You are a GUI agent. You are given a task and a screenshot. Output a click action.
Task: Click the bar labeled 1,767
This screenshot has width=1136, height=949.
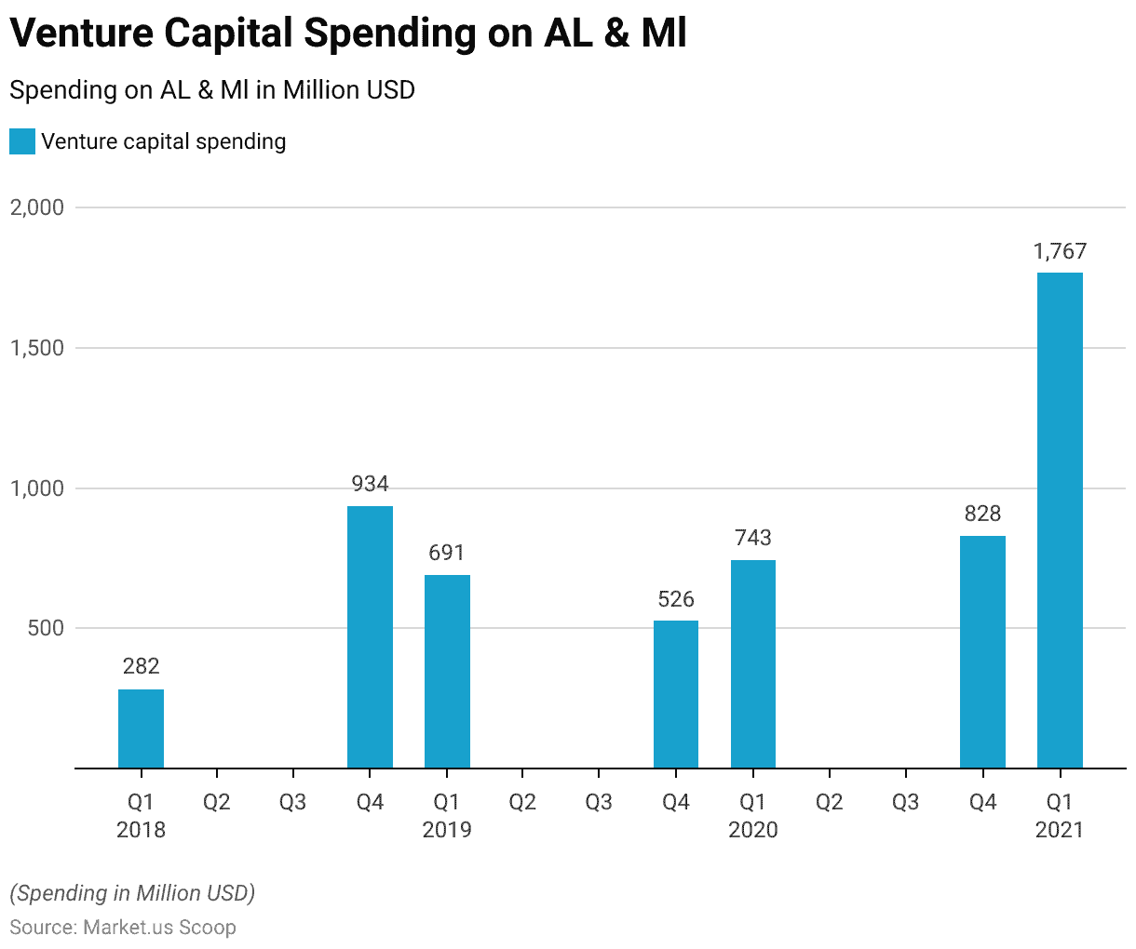[x=1060, y=520]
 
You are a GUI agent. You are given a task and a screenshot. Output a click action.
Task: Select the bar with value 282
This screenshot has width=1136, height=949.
[x=141, y=728]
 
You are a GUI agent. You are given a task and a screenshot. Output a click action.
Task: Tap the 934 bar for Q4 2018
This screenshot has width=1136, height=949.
[x=370, y=637]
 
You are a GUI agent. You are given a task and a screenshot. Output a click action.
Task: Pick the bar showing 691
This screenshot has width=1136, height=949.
[x=447, y=671]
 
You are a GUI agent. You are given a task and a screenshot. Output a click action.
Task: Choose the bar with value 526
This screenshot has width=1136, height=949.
[x=676, y=694]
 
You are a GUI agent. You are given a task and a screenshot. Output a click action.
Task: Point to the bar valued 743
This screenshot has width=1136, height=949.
[x=752, y=664]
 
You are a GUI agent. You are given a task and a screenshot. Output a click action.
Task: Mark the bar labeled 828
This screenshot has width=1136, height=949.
[x=982, y=651]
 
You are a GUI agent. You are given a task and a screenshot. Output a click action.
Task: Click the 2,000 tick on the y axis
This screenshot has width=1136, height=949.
[x=37, y=207]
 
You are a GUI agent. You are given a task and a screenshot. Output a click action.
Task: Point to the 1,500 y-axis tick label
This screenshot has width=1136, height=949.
[x=37, y=348]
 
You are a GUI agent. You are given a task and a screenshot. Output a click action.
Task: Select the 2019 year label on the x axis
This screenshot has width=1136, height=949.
[x=447, y=829]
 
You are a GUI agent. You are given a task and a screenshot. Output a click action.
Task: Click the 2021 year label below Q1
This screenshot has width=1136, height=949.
[x=1060, y=829]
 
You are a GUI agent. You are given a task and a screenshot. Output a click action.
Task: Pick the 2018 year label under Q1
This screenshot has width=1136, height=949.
[x=141, y=829]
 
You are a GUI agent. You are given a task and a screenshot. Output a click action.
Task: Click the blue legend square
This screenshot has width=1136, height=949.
[x=22, y=141]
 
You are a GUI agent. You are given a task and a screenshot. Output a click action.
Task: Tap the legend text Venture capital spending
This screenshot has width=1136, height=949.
[x=164, y=141]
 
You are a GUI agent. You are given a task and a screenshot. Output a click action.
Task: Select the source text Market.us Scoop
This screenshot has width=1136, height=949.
[x=159, y=928]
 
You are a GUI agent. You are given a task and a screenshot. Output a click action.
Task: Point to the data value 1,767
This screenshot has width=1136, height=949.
[x=1060, y=251]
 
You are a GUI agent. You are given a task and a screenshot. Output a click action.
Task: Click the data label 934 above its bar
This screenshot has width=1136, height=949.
[x=370, y=484]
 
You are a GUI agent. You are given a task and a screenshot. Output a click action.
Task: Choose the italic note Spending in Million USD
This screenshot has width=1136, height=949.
[x=132, y=893]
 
